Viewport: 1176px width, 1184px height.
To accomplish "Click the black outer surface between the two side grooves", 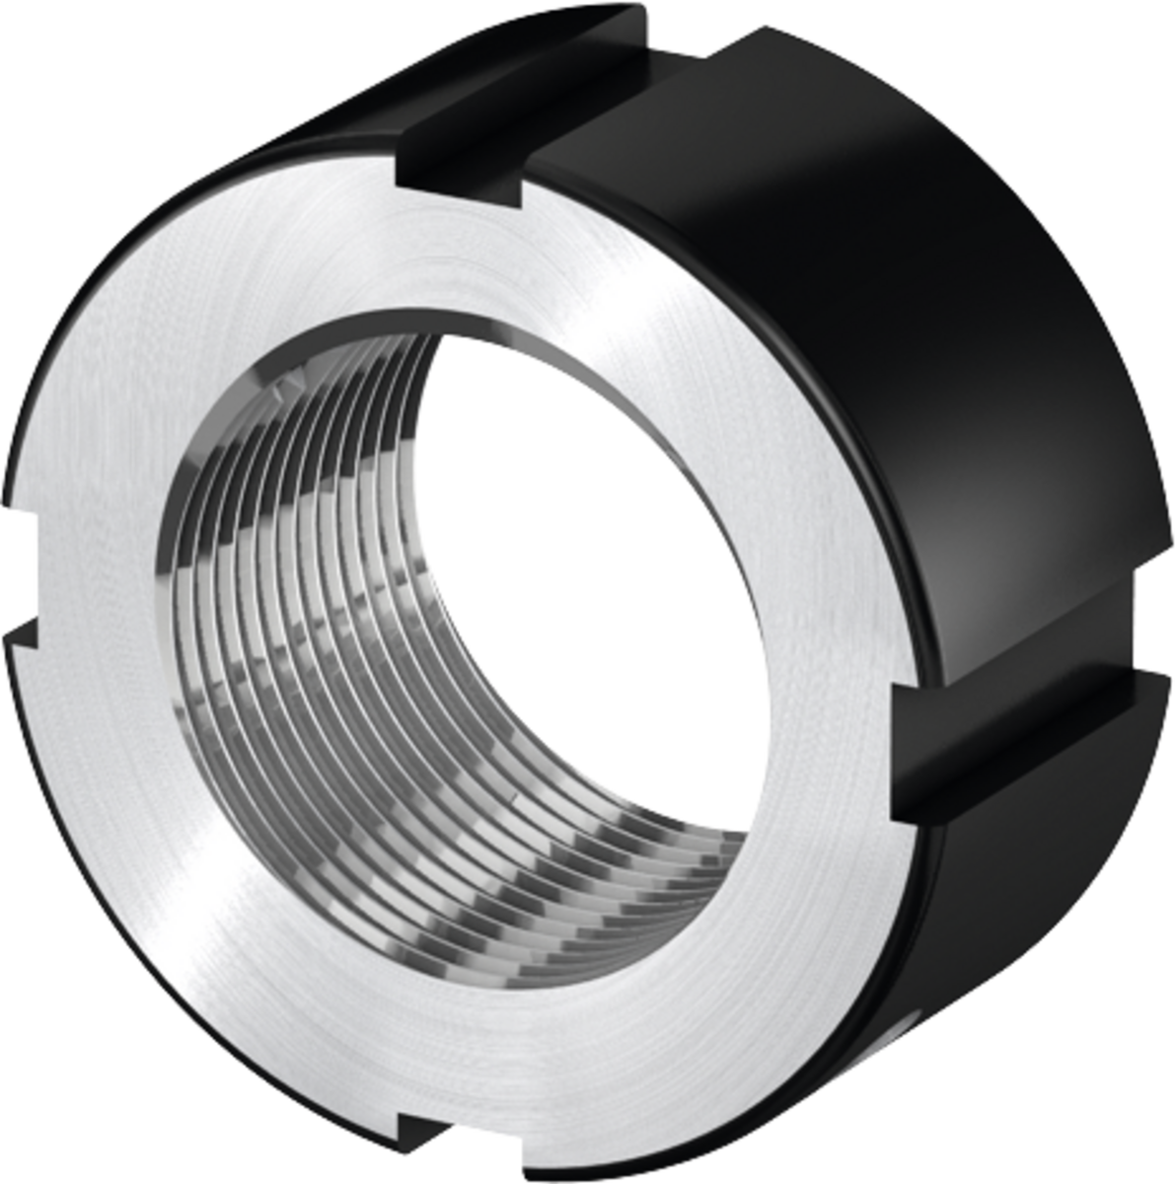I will tap(888, 345).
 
